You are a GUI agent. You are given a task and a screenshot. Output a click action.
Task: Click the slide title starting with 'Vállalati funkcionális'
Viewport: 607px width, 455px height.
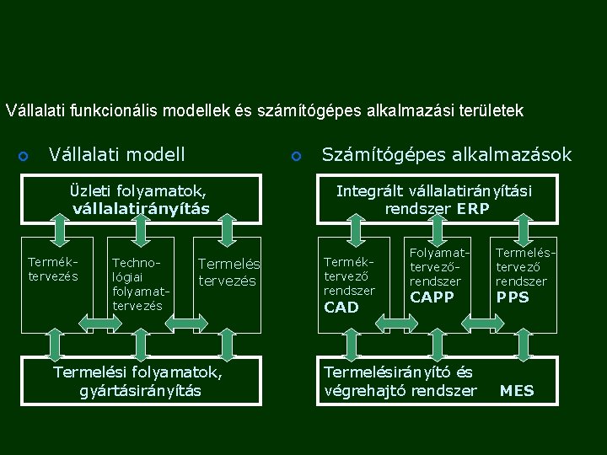(x=265, y=110)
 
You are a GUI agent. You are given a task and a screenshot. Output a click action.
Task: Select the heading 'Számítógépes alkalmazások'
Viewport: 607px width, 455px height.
(x=447, y=155)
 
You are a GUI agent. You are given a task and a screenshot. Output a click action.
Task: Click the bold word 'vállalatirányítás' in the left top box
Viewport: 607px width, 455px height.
(x=141, y=208)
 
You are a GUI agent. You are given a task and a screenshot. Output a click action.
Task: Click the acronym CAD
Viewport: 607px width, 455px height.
(x=341, y=308)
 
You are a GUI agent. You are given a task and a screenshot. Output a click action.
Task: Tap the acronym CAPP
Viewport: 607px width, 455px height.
(x=432, y=297)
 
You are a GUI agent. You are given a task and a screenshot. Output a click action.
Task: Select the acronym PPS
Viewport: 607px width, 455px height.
(x=513, y=297)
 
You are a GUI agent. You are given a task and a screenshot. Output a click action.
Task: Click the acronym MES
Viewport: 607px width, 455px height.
(x=517, y=391)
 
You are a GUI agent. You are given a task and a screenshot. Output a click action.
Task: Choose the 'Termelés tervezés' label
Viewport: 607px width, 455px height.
(x=228, y=272)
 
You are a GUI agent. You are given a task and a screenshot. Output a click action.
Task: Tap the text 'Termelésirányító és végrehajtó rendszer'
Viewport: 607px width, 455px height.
(x=400, y=382)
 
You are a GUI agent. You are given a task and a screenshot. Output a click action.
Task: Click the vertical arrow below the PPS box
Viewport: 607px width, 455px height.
(x=523, y=344)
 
